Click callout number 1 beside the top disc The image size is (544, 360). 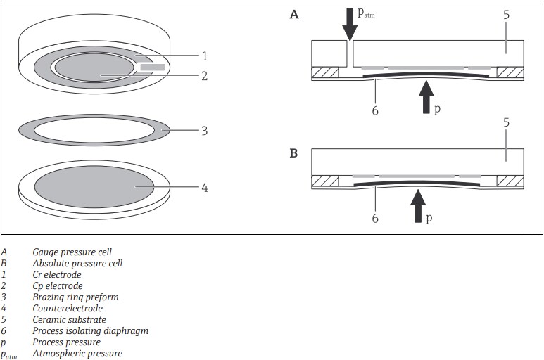tap(204, 56)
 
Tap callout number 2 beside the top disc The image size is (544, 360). tap(204, 75)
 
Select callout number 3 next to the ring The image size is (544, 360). tap(204, 130)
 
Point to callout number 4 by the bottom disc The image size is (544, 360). tap(204, 188)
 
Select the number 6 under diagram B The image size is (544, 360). tap(375, 219)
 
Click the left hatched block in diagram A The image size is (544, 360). tap(325, 72)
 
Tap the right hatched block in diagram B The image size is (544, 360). tap(510, 181)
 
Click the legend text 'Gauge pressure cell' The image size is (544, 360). tap(72, 252)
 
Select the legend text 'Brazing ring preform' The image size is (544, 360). tap(75, 297)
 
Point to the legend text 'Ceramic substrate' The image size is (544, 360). tap(69, 320)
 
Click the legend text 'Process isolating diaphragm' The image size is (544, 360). tap(90, 331)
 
